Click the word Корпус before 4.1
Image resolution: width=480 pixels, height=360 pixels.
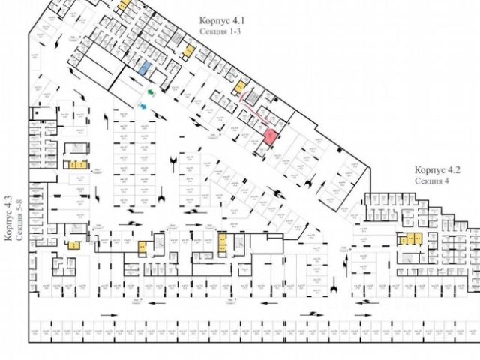coord(217,22)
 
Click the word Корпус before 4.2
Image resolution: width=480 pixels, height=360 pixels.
coord(431,170)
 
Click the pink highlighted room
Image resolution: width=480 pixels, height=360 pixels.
coord(270,136)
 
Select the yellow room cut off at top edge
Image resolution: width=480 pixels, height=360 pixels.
coord(124,4)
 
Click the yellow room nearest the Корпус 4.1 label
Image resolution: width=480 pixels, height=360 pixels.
coord(190,51)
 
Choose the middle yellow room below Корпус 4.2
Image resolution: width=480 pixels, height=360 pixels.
coord(411,239)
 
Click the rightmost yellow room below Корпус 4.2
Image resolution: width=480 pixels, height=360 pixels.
coord(418,239)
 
